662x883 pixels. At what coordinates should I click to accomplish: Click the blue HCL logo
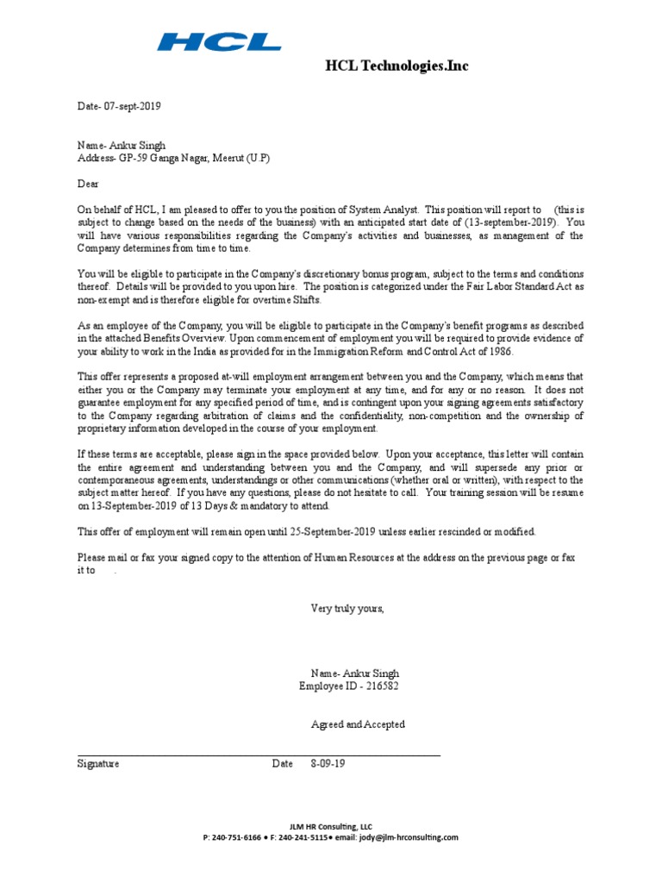220,41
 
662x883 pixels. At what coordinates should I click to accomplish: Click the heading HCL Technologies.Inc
397,66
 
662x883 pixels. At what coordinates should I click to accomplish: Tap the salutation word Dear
89,184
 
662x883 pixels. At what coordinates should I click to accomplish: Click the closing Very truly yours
347,608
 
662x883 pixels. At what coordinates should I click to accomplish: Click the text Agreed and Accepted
358,724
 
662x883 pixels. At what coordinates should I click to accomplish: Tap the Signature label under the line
98,764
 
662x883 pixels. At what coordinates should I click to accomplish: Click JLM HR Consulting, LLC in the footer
331,826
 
